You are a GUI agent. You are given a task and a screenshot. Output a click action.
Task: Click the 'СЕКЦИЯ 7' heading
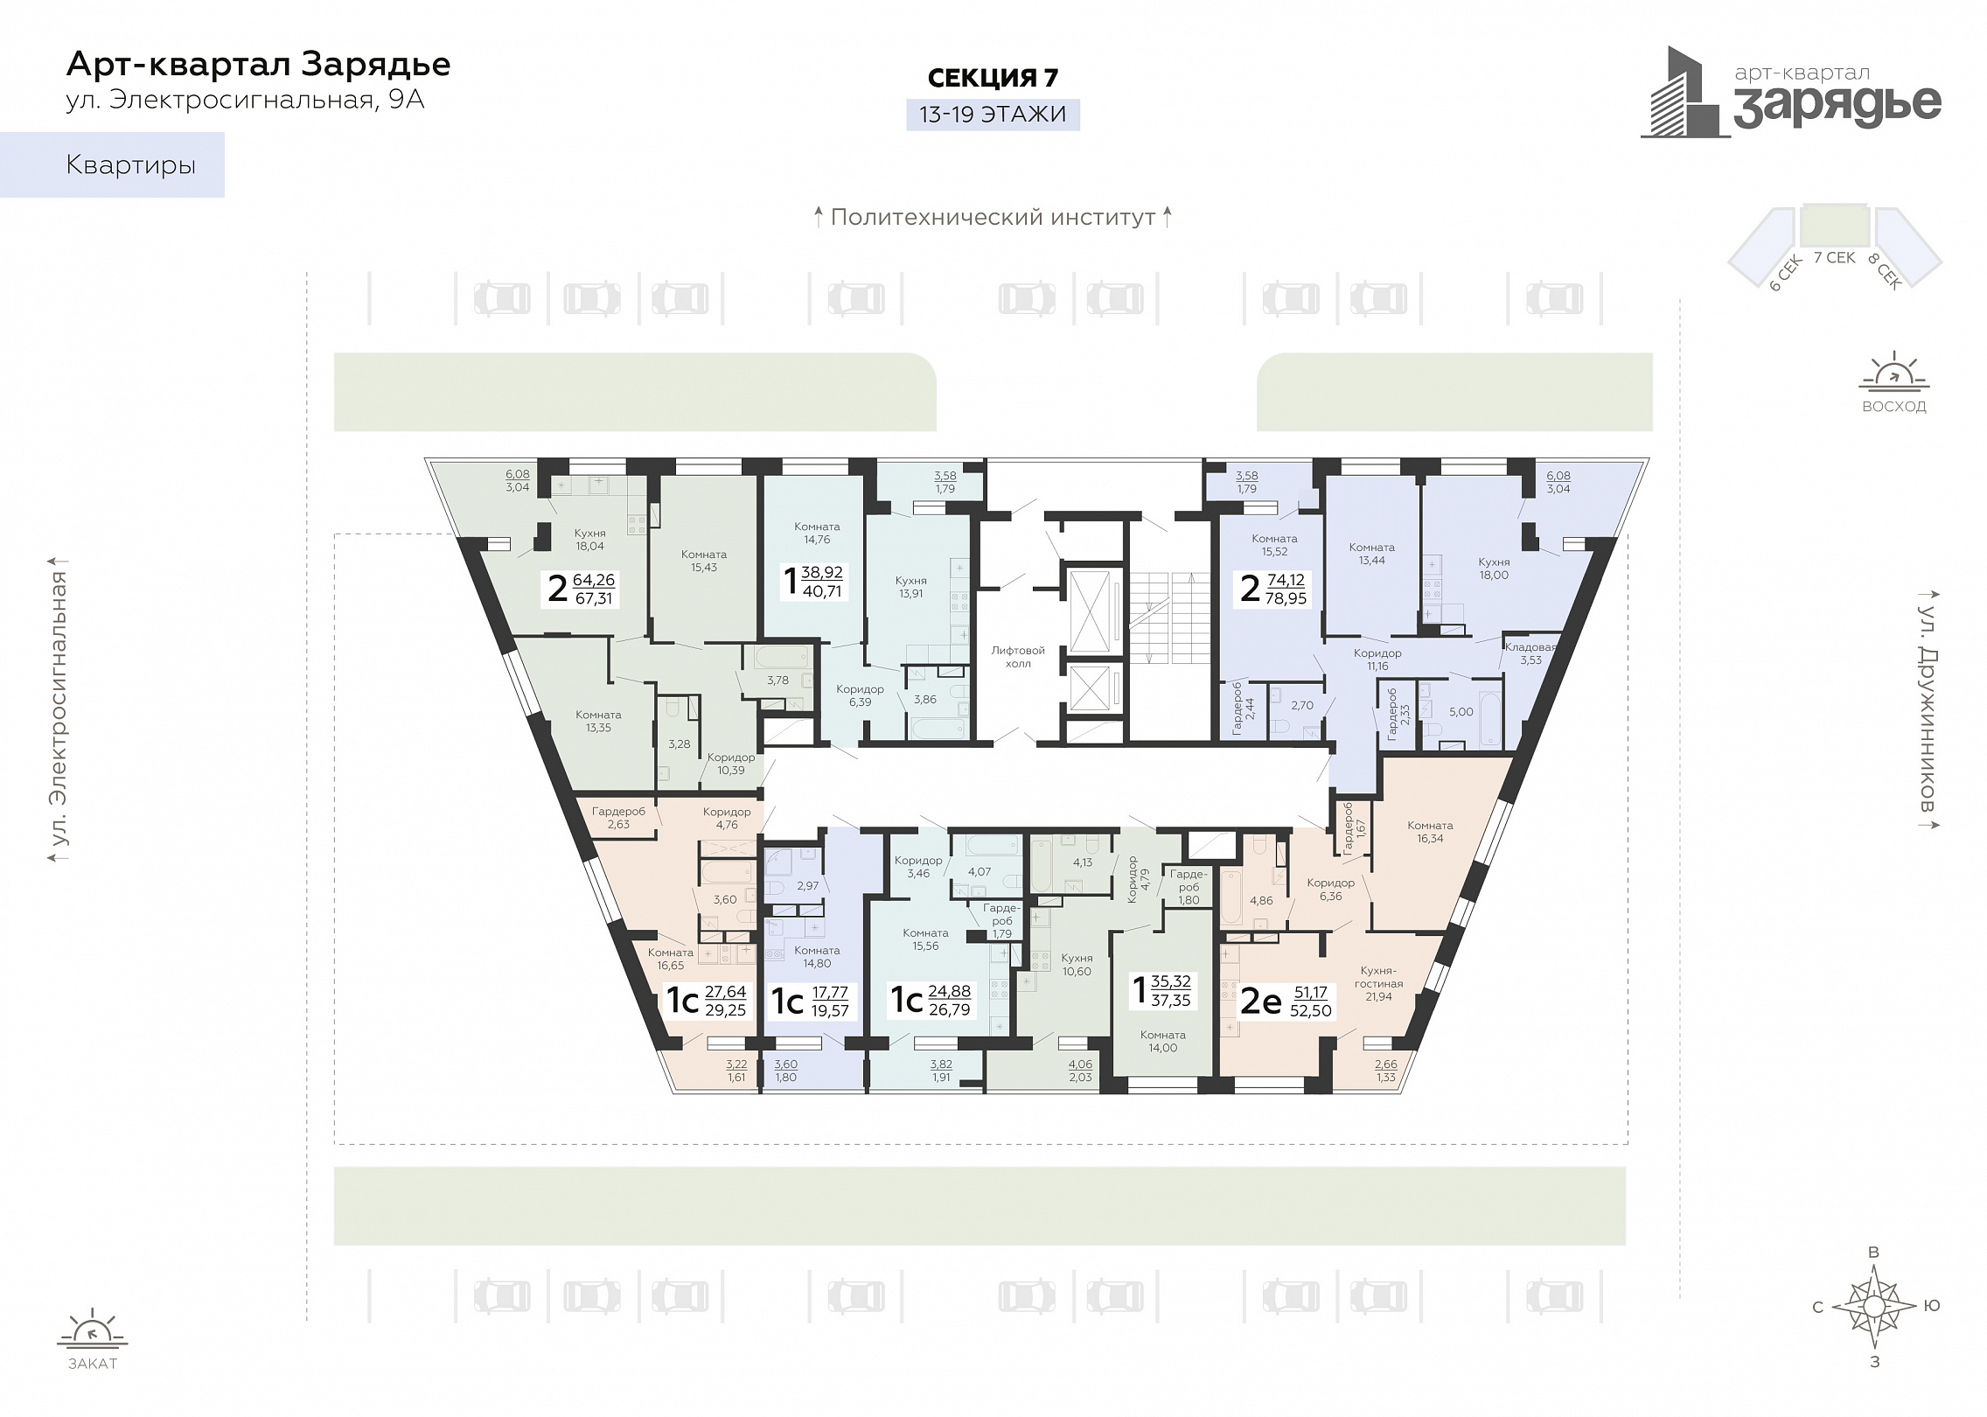coord(993,78)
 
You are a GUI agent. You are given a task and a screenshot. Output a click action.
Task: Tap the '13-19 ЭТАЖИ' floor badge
coord(993,115)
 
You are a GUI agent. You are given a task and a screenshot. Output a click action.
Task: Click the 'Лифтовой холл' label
coord(1018,657)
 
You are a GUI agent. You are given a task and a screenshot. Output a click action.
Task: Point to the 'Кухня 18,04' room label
coord(590,540)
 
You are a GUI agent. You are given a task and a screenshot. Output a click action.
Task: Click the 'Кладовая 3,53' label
coord(1530,653)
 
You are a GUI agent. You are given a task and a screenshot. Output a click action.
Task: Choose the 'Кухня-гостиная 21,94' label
coord(1379,983)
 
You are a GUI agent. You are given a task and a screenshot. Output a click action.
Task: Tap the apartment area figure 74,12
coord(1286,580)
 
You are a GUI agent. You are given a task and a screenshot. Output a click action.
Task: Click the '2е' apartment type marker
coord(1260,1002)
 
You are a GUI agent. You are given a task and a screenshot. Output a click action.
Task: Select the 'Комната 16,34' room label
coord(1430,832)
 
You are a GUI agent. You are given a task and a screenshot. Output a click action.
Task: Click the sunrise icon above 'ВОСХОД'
coord(1894,371)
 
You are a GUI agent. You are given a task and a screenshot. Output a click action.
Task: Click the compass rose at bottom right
coord(1874,1307)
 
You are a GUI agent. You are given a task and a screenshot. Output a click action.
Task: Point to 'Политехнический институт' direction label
coord(993,217)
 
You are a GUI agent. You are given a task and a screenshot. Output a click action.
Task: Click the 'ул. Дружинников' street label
coord(1928,708)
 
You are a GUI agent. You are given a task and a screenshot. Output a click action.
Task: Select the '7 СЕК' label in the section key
coord(1835,257)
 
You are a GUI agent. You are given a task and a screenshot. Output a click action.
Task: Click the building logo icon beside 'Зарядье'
coord(1684,92)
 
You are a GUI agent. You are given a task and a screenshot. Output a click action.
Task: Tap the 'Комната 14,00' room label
coord(1163,1041)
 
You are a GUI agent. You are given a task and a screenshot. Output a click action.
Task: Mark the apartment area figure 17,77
coord(830,993)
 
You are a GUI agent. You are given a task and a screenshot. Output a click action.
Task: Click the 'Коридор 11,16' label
coord(1377,660)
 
